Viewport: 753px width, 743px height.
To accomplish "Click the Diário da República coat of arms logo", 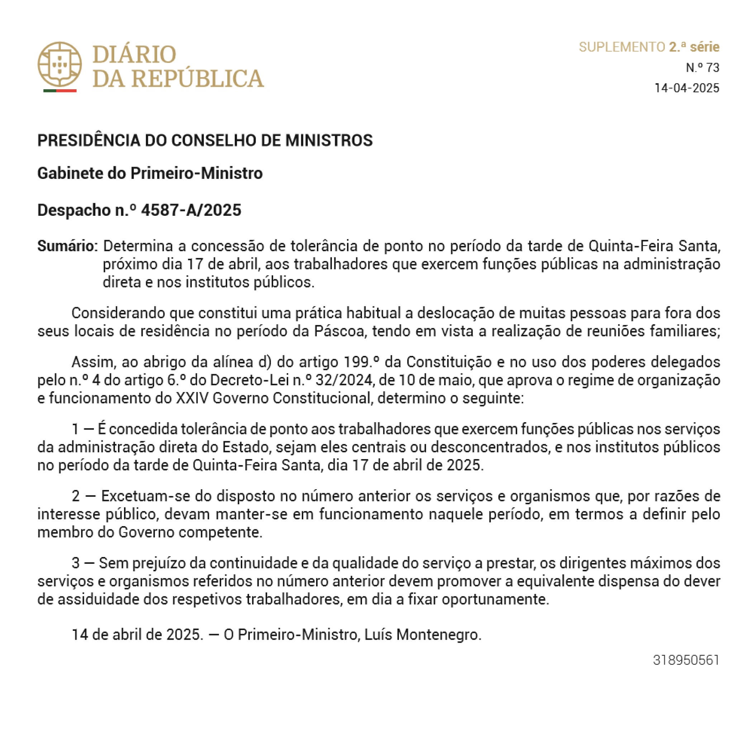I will click(x=59, y=64).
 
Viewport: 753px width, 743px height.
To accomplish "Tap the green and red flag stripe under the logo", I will click(x=59, y=91).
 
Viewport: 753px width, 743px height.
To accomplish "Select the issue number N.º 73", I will click(x=702, y=68).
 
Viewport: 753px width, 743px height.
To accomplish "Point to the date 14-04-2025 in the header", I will click(x=686, y=88).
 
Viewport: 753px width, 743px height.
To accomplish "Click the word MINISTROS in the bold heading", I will click(x=329, y=140).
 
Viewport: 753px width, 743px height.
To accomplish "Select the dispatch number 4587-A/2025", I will click(x=191, y=210).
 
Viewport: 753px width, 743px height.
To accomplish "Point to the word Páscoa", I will click(x=339, y=331).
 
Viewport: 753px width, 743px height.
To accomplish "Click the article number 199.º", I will click(x=361, y=362).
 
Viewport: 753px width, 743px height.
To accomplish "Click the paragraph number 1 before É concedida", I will click(x=76, y=429).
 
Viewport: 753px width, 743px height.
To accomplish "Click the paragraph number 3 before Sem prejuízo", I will click(x=76, y=563).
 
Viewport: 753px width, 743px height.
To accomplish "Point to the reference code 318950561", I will click(x=686, y=660).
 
